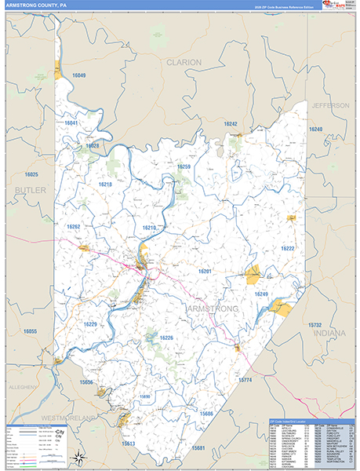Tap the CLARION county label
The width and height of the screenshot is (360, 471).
pos(184,61)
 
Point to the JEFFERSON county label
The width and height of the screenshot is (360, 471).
pos(329,104)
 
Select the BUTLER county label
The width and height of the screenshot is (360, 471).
pos(31,190)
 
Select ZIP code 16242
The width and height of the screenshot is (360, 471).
pos(230,124)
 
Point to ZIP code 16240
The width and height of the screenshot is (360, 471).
pos(315,129)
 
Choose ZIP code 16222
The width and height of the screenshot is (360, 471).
pos(289,248)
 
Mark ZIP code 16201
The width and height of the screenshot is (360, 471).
pos(205,271)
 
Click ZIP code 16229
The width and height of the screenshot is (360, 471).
pos(90,324)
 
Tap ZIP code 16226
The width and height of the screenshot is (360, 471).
pos(166,338)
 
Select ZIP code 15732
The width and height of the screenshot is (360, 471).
pos(315,324)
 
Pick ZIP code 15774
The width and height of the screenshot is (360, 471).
pos(245,380)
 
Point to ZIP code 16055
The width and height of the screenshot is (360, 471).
pos(30,331)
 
